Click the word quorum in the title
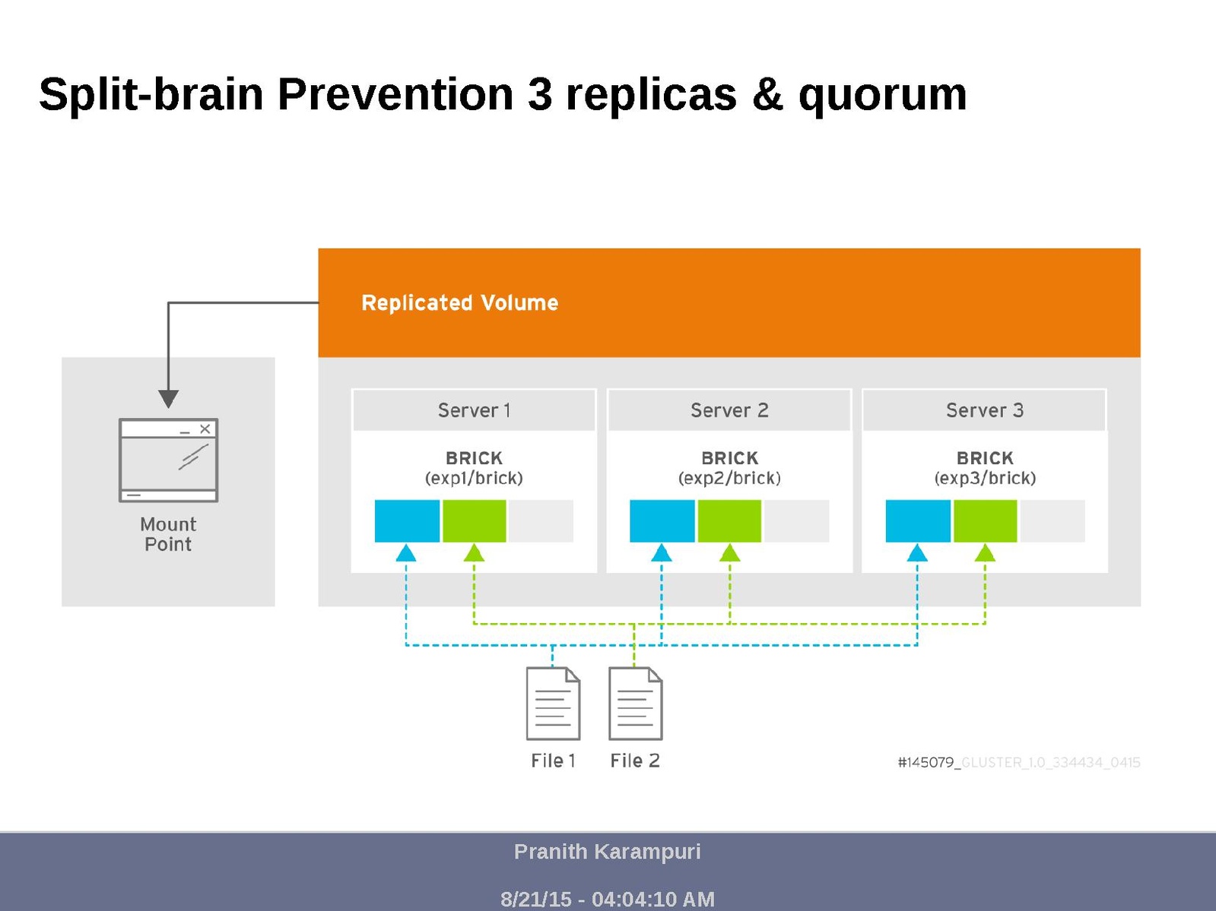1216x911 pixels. point(882,95)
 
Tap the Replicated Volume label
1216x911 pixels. point(459,303)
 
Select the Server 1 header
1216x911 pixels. point(474,410)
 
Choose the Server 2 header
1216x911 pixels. point(729,410)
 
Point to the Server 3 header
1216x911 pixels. point(985,410)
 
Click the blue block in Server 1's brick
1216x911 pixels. point(407,521)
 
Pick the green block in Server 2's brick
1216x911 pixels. point(729,521)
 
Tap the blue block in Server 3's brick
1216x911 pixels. point(918,521)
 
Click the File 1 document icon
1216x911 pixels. point(553,704)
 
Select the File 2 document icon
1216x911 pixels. point(635,704)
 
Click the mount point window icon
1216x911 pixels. point(168,460)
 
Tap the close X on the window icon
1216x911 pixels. point(205,429)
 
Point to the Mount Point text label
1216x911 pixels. point(168,534)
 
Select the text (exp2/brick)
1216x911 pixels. point(729,479)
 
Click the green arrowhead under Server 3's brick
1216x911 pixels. point(985,553)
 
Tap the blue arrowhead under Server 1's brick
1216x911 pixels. point(406,553)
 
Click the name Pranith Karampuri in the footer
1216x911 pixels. point(607,852)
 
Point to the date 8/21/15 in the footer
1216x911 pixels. point(535,900)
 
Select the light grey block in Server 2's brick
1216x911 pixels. point(795,521)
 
